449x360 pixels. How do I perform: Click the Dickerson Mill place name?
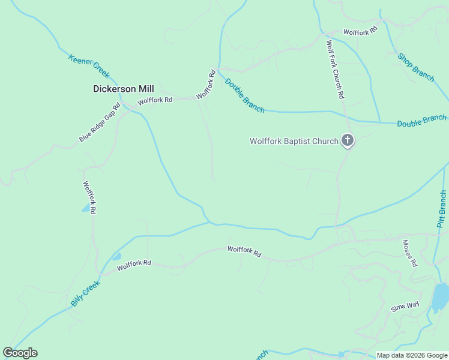[123, 89]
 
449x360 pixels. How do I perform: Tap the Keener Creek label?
[89, 66]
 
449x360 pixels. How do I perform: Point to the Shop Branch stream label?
[415, 67]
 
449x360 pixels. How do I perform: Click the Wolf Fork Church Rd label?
[334, 69]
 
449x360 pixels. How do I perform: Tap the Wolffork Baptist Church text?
[294, 142]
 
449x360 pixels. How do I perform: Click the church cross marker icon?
[347, 141]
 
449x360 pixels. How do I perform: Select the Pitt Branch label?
[442, 209]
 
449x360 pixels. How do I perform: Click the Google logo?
[20, 353]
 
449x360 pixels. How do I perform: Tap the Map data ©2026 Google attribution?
[412, 355]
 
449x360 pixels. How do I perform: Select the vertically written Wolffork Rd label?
[89, 198]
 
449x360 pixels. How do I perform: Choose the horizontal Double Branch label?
[421, 121]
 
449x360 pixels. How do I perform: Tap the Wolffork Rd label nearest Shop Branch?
[360, 32]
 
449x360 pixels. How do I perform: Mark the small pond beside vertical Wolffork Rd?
[85, 209]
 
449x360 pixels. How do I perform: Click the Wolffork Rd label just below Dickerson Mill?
[155, 100]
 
